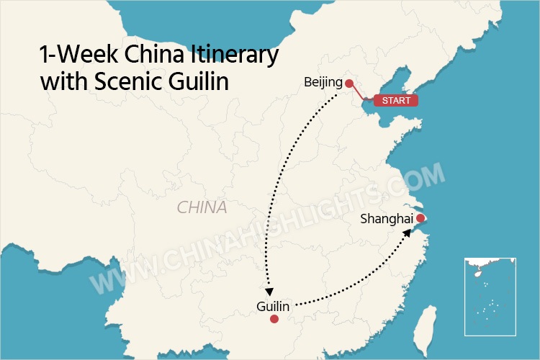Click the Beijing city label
323,83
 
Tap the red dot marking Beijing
348,82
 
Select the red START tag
395,101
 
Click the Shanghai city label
387,218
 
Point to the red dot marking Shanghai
420,217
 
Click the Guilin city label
273,307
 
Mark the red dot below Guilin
274,319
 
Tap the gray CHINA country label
202,208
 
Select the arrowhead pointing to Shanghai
409,233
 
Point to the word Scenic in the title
125,81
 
